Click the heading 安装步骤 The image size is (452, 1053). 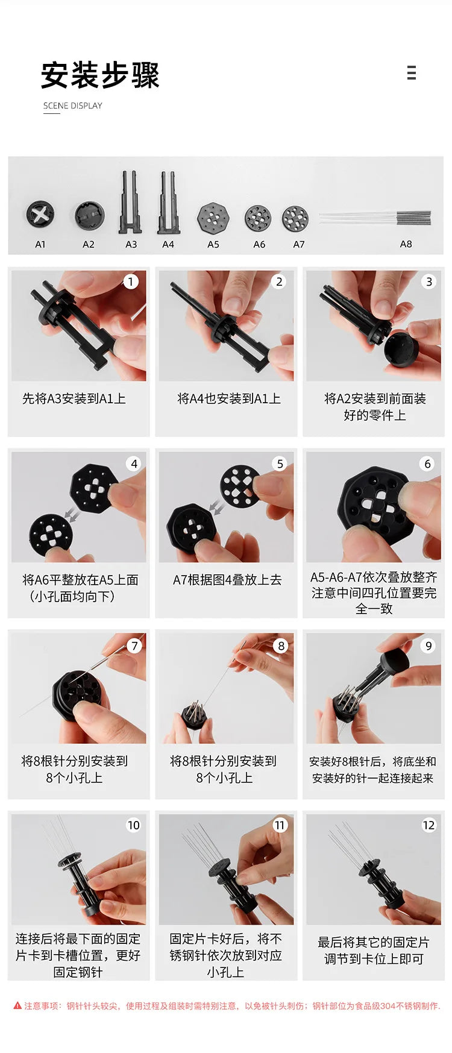[100, 75]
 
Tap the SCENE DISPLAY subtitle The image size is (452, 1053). [73, 105]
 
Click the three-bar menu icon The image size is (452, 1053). [412, 73]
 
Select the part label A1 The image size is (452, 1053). [40, 244]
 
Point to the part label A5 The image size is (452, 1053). [213, 244]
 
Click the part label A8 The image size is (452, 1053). [406, 244]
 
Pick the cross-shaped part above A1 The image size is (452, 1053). [40, 215]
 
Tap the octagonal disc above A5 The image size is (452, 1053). [213, 218]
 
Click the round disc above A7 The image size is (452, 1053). [295, 218]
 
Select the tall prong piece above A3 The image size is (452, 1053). [131, 202]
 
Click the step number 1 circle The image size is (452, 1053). [131, 281]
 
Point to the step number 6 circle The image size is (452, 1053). [428, 464]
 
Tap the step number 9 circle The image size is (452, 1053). [428, 646]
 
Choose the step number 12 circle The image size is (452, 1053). [428, 825]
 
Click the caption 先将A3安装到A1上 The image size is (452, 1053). [74, 398]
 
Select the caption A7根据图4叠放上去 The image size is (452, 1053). [227, 580]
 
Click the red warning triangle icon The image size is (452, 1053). [17, 1005]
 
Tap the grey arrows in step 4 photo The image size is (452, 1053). [72, 514]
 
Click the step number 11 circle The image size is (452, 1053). [280, 825]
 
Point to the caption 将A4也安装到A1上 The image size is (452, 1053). [229, 398]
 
